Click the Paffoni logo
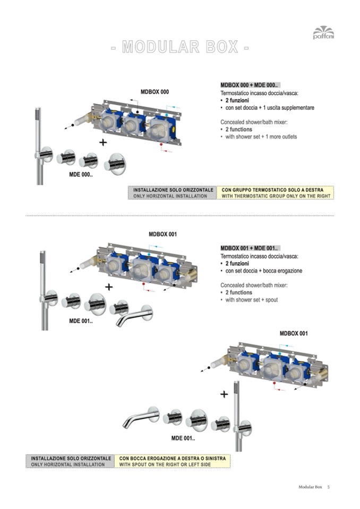323,32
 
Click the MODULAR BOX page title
180,47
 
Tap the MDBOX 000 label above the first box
155,92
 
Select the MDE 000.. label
81,175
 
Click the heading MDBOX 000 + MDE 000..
249,85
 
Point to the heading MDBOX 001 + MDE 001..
249,248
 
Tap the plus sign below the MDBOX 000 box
103,142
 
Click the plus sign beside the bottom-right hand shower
224,394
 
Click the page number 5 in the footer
329,487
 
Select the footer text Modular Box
310,487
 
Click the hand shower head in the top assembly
38,118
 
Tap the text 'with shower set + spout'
252,300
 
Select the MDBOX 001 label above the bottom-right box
294,333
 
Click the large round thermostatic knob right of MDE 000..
115,164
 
